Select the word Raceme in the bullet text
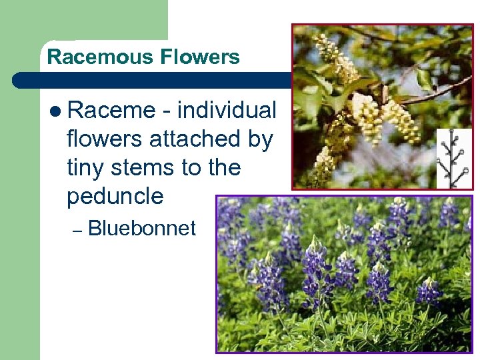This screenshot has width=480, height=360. coord(111,111)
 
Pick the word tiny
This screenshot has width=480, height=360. coord(86,168)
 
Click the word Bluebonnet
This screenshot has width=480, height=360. coord(142,229)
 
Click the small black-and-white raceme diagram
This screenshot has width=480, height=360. coord(453,159)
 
